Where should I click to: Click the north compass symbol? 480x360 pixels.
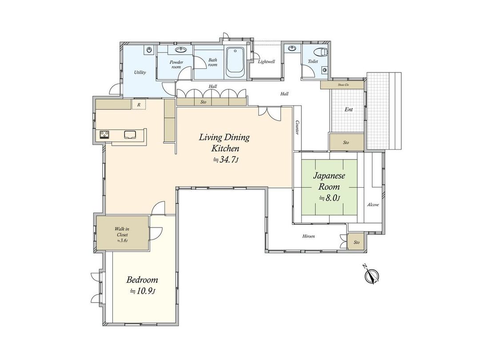(x=371, y=276)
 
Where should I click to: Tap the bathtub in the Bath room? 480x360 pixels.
(x=235, y=62)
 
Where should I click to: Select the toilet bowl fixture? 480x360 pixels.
(x=321, y=52)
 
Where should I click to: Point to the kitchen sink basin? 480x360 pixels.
(x=130, y=135)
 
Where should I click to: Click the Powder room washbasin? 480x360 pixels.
(x=180, y=50)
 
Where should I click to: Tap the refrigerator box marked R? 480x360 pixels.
(x=139, y=105)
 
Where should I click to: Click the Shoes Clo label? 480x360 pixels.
(x=343, y=84)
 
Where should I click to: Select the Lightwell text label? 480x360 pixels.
(x=267, y=62)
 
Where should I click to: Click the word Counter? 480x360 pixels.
(x=297, y=128)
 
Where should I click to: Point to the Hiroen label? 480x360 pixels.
(x=308, y=236)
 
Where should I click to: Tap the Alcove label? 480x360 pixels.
(x=372, y=205)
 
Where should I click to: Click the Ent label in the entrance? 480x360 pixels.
(x=349, y=109)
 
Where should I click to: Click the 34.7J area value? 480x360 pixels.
(x=226, y=160)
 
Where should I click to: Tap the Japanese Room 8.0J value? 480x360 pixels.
(x=329, y=198)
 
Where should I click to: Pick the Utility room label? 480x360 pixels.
(x=140, y=72)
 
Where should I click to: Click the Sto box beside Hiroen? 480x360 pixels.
(x=356, y=243)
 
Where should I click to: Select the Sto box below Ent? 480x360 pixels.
(x=346, y=143)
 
